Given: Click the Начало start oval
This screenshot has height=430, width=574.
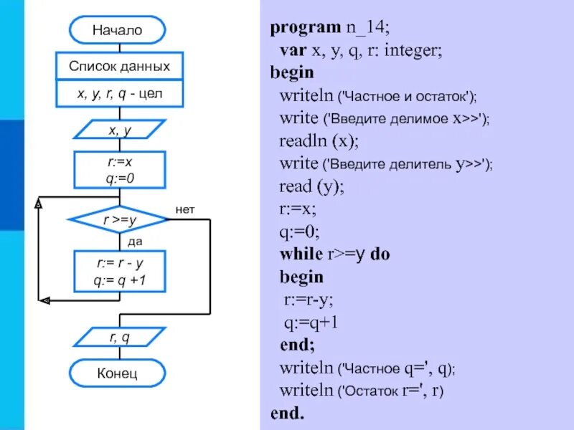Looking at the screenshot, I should [x=118, y=30].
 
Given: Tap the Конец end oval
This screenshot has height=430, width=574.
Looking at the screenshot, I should [x=118, y=373].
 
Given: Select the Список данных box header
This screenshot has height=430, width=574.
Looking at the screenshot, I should [x=120, y=67].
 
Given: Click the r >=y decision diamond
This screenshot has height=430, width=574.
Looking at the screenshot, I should [x=119, y=221].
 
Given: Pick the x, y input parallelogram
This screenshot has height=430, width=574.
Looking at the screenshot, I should [x=119, y=130].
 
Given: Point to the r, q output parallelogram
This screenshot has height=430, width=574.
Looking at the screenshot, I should [x=119, y=335].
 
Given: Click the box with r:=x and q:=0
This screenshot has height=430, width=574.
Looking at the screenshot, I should [x=119, y=170].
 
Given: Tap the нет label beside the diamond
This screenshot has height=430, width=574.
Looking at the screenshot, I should [x=185, y=209].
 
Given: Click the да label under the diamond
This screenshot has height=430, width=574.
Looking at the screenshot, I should [x=135, y=242].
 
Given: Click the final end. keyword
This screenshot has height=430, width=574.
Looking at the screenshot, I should [x=288, y=414].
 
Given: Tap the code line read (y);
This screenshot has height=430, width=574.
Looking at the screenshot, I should [x=312, y=186].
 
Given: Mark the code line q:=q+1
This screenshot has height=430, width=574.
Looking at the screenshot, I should [x=311, y=323].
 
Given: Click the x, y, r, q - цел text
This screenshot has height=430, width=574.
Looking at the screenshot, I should [x=120, y=93].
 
